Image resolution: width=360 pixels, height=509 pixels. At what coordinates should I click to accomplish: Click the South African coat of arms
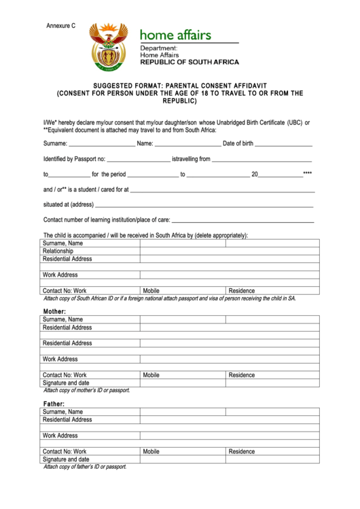coord(109,48)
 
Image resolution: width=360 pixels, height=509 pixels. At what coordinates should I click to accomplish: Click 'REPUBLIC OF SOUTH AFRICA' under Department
coord(190,62)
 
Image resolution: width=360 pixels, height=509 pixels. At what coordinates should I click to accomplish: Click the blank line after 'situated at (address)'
coord(204,206)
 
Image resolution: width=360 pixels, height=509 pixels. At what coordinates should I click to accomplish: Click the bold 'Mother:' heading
coord(55,311)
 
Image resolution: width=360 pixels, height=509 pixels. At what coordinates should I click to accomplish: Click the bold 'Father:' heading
coord(54,404)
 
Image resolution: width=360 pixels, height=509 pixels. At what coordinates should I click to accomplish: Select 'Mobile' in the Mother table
coord(151,375)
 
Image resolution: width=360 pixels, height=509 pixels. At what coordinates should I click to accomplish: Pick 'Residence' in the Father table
coord(242,451)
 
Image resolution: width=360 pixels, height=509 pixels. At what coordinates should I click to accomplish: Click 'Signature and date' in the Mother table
coord(66,383)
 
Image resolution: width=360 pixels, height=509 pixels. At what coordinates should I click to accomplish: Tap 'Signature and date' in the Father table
coord(66,459)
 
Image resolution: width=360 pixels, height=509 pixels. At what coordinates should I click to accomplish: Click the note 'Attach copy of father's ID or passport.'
coord(85,467)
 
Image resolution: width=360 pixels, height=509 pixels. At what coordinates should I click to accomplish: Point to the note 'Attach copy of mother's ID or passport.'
coord(86,390)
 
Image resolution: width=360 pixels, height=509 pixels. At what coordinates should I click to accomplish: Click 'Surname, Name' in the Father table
coord(62,412)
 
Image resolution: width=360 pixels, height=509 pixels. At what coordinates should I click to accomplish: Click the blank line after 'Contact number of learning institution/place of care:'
coord(242,222)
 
